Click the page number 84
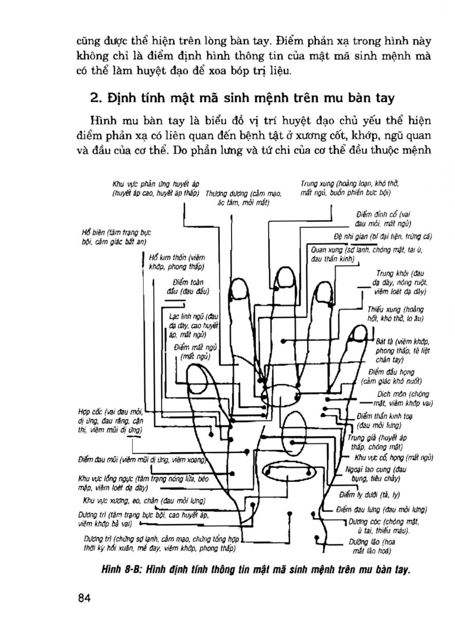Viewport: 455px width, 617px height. click(84, 597)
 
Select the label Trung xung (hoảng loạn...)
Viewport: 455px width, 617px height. click(349, 188)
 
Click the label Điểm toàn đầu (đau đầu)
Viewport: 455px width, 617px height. click(187, 286)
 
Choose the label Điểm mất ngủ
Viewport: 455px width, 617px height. click(193, 352)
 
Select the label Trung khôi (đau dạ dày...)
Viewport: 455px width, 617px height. click(401, 282)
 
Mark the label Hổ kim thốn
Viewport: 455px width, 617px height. click(176, 262)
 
